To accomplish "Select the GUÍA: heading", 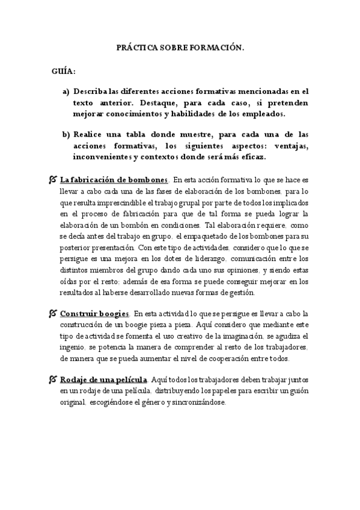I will click(x=63, y=72).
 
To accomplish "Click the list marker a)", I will click(x=66, y=91).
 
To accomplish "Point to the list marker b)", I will click(x=66, y=134).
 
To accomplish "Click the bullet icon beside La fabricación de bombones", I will click(x=53, y=180).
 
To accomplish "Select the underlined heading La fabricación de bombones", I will click(x=114, y=180).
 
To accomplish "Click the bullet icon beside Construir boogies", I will click(x=53, y=313).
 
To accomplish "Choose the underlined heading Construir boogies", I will click(x=95, y=313).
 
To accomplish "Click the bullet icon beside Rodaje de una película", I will click(x=53, y=379).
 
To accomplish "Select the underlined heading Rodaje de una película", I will click(x=104, y=379).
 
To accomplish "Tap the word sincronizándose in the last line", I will click(x=196, y=402).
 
